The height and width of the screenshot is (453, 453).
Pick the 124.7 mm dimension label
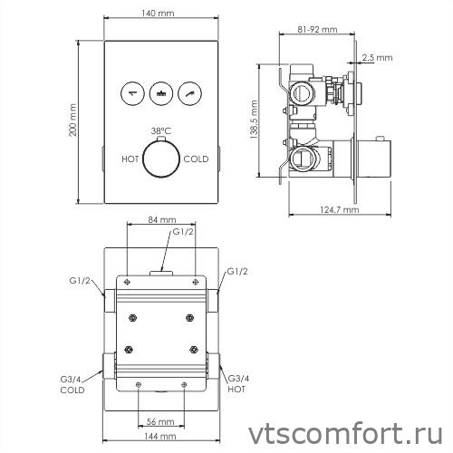click(335, 209)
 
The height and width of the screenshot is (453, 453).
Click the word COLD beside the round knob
click(196, 159)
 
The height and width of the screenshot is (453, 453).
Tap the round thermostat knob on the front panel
click(160, 159)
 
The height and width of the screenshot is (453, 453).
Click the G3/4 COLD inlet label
click(72, 384)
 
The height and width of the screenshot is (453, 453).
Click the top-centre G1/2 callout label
click(183, 233)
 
